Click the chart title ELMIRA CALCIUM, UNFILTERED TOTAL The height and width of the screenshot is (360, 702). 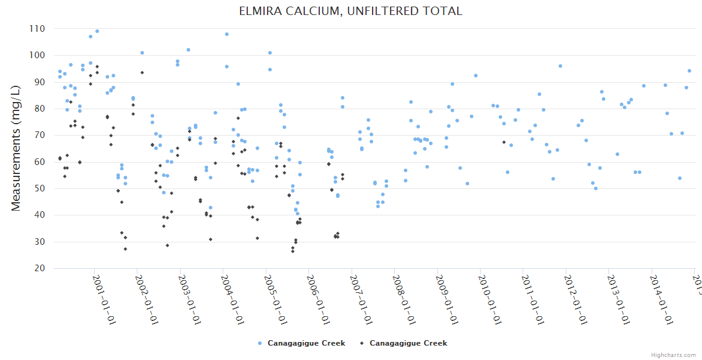351,11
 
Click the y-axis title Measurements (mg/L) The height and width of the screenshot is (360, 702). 16,148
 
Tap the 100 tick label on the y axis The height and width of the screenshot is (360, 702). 37,56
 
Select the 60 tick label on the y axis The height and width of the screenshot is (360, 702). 39,162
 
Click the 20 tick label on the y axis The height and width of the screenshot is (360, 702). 39,269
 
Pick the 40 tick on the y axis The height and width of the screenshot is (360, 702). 39,215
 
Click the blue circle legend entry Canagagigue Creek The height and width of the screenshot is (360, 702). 301,343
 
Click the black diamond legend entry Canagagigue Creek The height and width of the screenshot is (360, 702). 403,343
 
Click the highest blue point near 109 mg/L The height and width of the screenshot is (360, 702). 97,31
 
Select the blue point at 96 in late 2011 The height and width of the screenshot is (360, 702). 560,66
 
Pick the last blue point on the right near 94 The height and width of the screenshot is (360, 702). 689,71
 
